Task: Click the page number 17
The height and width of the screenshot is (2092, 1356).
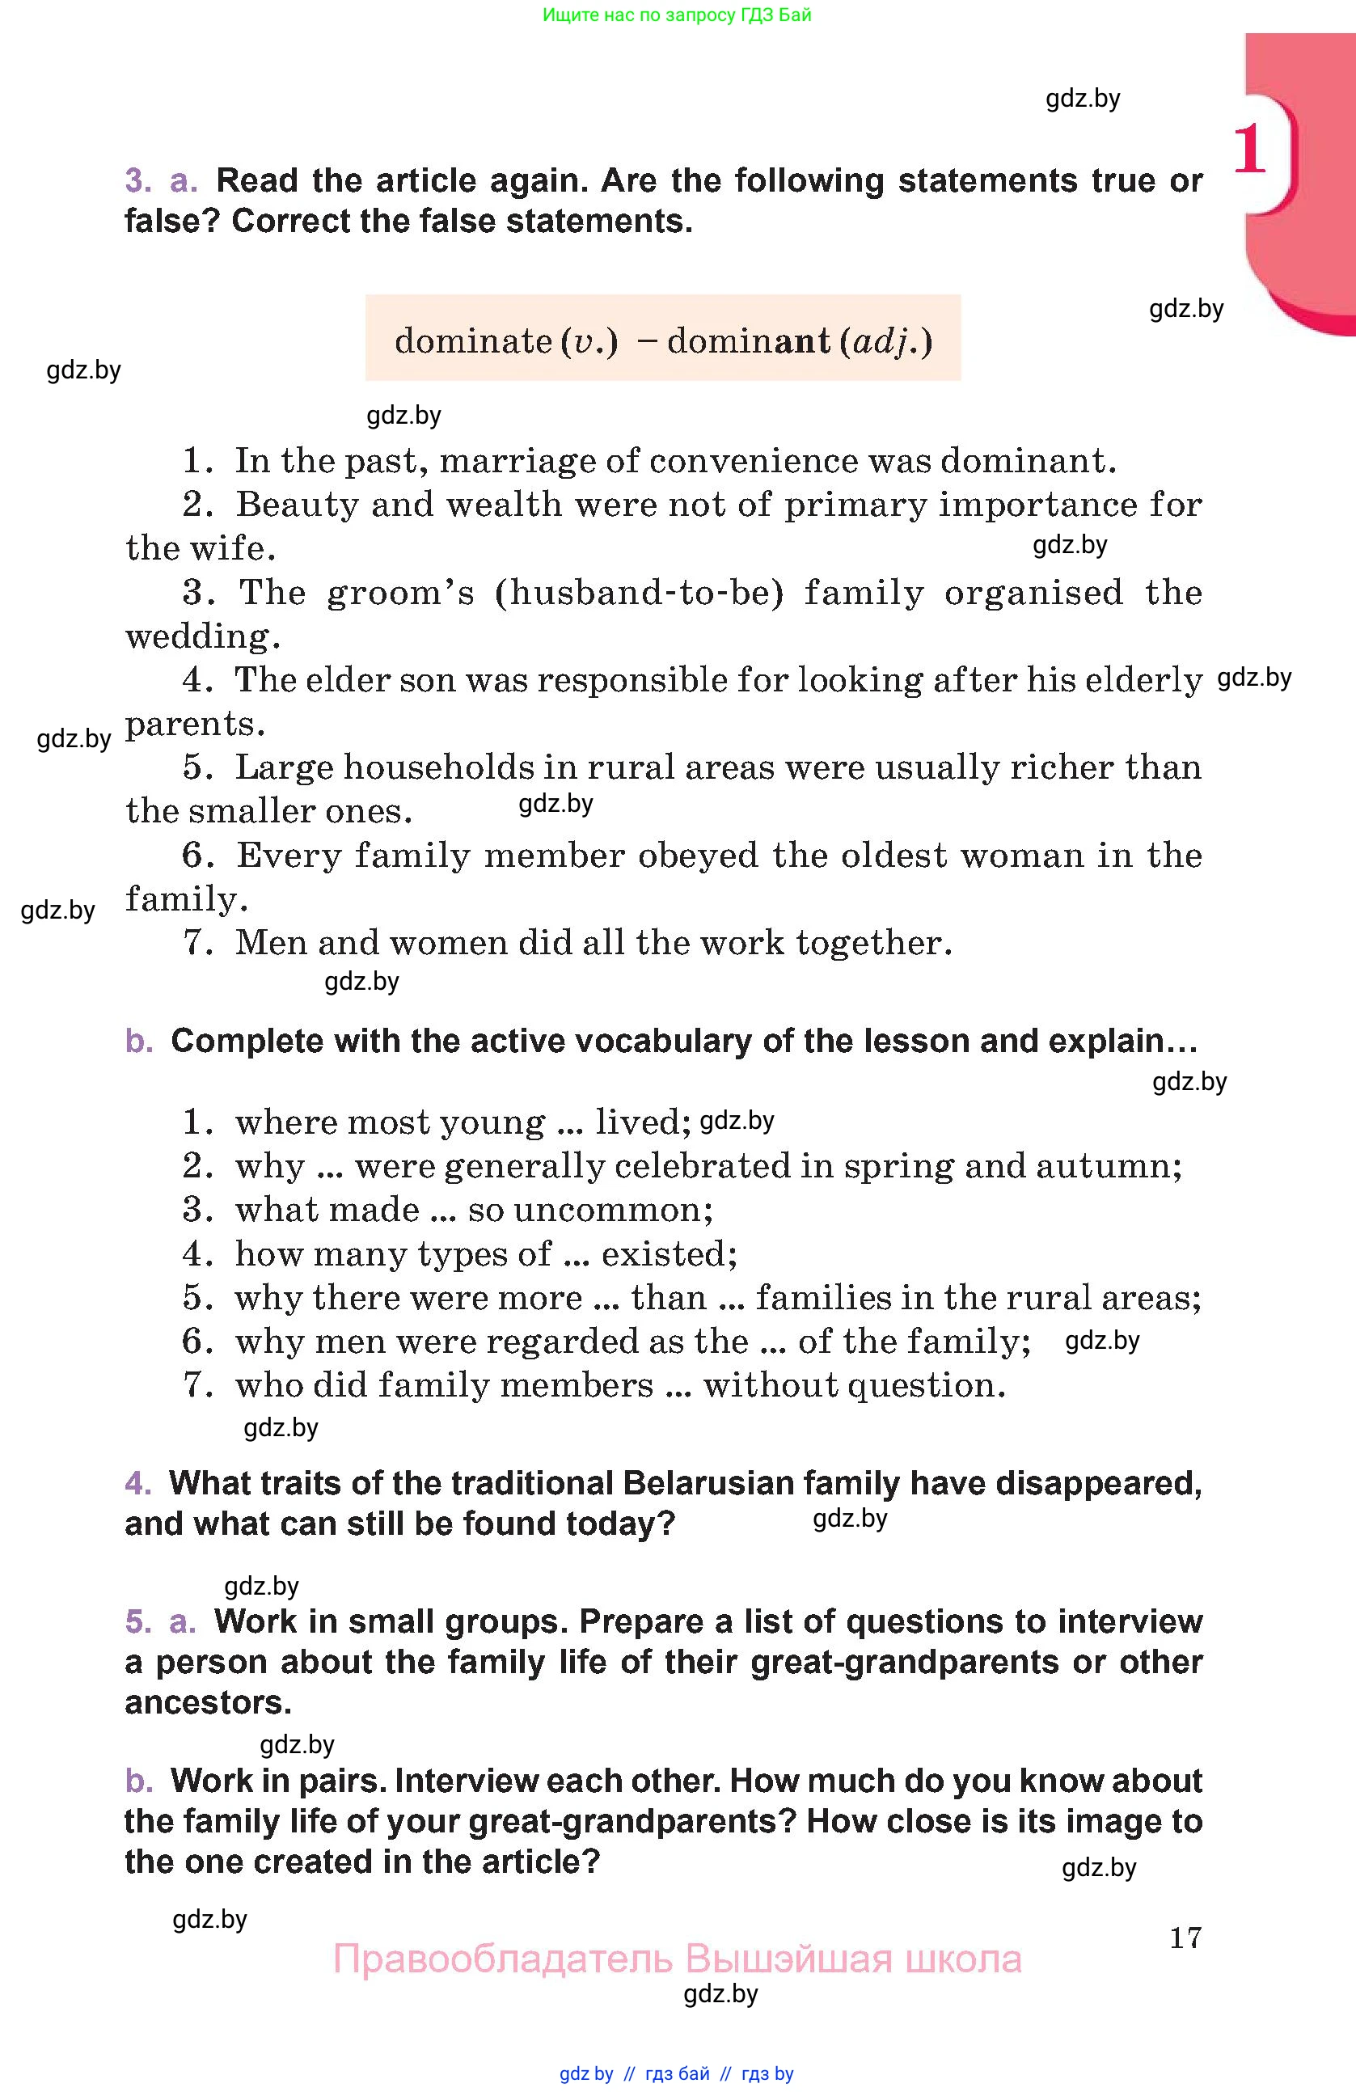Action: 1185,1938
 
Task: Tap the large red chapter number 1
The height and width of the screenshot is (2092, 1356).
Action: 1249,150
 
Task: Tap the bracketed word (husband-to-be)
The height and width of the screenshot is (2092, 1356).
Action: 639,593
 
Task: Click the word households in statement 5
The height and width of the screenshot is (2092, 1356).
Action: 437,767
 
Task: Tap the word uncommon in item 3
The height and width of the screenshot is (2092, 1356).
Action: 613,1211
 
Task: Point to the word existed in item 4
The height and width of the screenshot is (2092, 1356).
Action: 669,1254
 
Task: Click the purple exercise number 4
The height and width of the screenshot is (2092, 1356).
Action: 138,1484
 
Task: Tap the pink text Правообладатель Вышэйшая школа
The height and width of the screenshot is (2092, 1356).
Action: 677,1959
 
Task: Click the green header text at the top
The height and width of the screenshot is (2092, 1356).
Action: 677,15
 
